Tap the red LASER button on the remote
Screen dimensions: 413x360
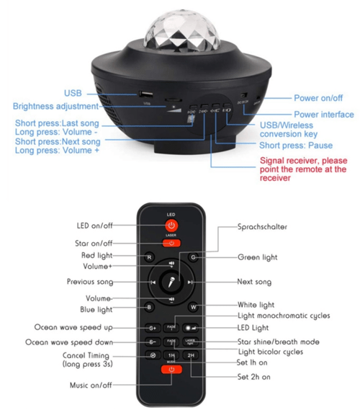[171, 243]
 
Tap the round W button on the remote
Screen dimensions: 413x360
[192, 308]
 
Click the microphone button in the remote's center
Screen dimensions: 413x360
[171, 282]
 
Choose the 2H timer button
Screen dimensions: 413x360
[192, 355]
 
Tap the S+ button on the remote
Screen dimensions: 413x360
[151, 327]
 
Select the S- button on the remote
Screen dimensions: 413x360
[151, 342]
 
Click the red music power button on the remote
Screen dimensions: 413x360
[171, 370]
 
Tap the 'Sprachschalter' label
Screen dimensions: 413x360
[263, 227]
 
